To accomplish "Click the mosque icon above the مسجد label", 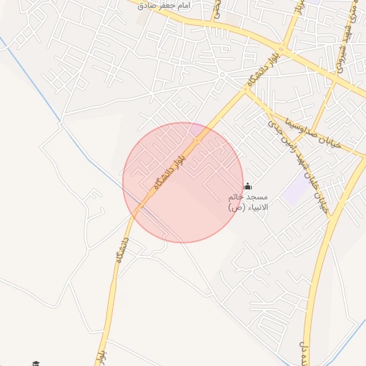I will pos(247,186).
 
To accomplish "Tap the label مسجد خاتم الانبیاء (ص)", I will pos(247,202).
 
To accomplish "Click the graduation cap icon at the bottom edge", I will pos(35,363).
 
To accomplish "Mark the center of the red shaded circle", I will pos(183,182).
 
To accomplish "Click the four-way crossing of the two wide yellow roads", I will pos(283,51).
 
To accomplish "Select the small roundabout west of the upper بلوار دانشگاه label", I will pos(223,74).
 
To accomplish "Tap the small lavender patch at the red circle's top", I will pos(195,129).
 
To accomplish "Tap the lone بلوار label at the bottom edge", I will pos(101,354).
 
